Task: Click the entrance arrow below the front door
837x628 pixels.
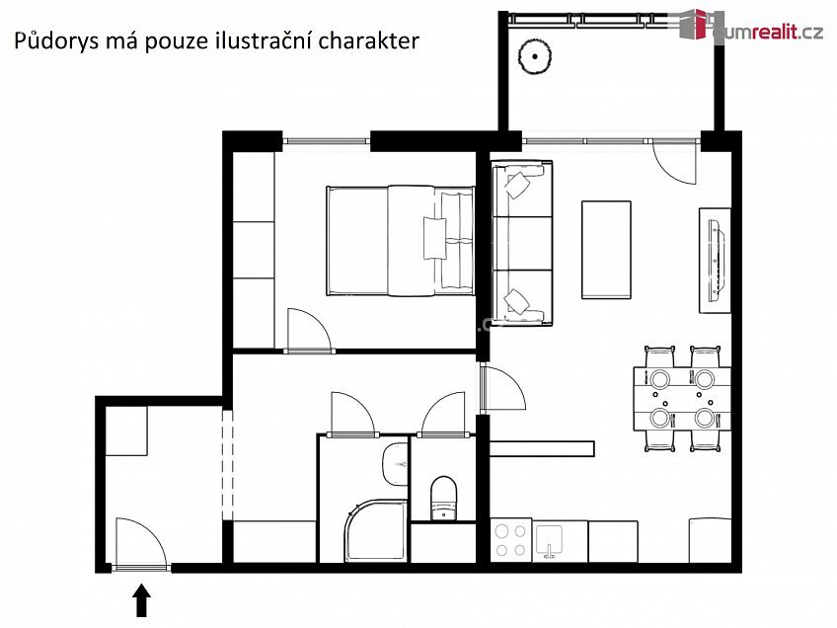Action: [x=141, y=600]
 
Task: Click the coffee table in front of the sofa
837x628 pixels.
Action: [x=606, y=249]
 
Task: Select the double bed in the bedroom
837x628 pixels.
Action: [x=400, y=240]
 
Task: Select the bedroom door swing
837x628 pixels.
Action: [x=308, y=330]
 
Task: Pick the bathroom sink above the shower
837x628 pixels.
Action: [x=396, y=464]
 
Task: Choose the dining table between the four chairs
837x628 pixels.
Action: [x=682, y=398]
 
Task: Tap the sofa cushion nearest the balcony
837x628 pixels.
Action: [x=520, y=188]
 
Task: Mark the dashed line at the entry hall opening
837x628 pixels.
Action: [x=227, y=464]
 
